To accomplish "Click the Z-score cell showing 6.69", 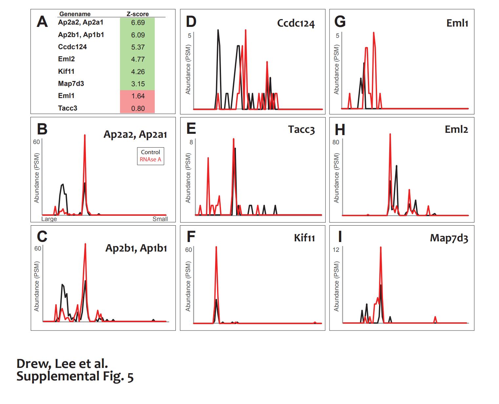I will [x=138, y=23].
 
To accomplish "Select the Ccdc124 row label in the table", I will [x=72, y=47].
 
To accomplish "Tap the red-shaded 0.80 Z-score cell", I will [x=138, y=108].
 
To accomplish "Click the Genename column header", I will [x=75, y=14].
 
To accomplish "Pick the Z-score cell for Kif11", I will [x=138, y=71].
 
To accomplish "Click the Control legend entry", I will [x=150, y=152].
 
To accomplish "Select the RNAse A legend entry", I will [x=150, y=159].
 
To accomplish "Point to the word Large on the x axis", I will [x=49, y=219].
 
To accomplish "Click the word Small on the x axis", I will [x=160, y=219].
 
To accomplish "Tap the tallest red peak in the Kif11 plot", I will [x=216, y=248].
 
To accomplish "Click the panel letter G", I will [x=340, y=22].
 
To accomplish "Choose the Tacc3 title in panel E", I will [x=301, y=130].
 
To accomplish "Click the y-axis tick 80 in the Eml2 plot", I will [x=336, y=142].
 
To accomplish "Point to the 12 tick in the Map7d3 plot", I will [x=336, y=250].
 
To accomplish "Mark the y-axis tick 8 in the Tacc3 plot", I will [x=191, y=142].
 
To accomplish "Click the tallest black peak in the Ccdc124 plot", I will [x=218, y=30].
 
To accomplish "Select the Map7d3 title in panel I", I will [x=449, y=238].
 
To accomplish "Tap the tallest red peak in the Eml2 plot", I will [x=390, y=134].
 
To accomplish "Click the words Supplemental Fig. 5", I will [x=75, y=376].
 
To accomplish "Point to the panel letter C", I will [x=42, y=236].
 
